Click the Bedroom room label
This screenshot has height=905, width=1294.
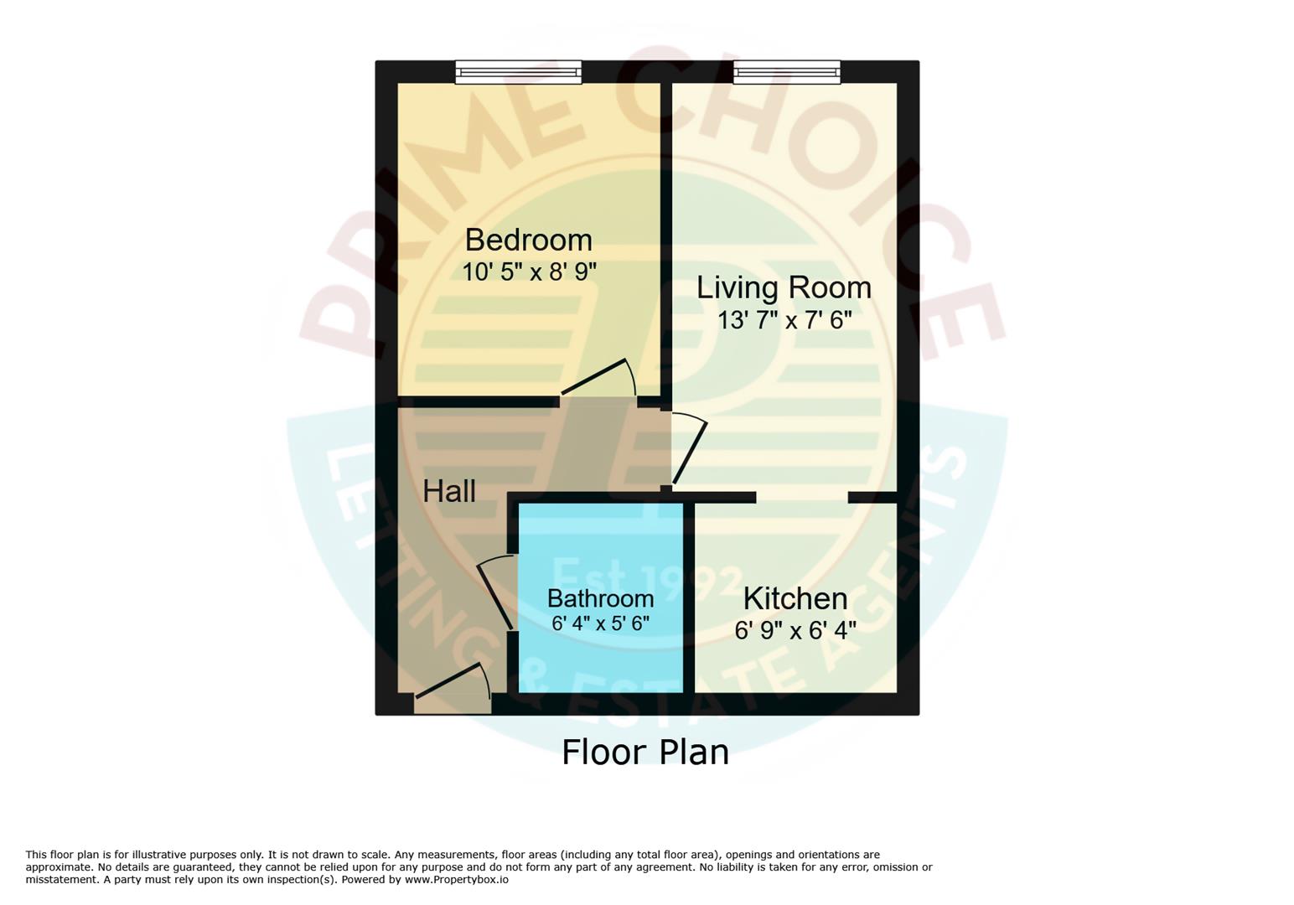click(x=528, y=240)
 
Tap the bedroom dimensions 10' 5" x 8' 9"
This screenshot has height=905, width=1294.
click(x=529, y=272)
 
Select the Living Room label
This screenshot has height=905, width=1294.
click(x=784, y=288)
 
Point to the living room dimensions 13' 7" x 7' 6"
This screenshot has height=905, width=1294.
click(x=784, y=320)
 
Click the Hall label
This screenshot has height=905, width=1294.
click(x=449, y=492)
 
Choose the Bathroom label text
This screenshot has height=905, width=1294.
click(x=600, y=598)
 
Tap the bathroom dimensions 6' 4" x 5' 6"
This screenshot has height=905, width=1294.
click(x=600, y=623)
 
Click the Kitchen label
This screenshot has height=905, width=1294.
click(x=795, y=599)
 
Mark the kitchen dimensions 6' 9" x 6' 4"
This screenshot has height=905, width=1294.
click(x=795, y=630)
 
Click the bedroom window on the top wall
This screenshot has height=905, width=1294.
click(x=518, y=73)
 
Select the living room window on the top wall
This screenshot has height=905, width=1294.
click(x=786, y=73)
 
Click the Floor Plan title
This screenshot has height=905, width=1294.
click(x=644, y=752)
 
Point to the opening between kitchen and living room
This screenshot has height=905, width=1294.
click(x=801, y=497)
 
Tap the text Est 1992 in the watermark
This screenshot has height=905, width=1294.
click(x=645, y=578)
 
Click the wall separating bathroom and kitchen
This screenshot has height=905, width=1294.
click(x=688, y=597)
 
